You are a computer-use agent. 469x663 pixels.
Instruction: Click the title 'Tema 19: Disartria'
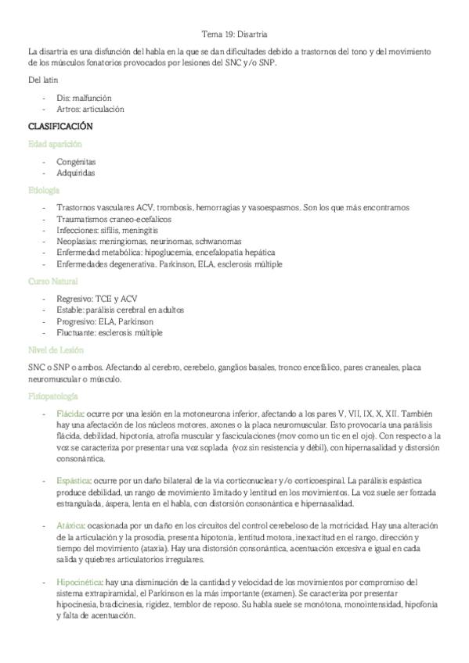pos(234,34)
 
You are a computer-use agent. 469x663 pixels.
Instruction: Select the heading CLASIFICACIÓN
pos(60,126)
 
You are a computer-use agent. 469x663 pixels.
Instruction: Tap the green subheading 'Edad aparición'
pos(55,144)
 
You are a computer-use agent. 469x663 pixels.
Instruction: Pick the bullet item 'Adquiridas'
pos(77,172)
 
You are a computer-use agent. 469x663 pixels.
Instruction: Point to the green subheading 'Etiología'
pos(44,190)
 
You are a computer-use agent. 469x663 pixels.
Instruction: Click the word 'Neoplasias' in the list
pos(77,242)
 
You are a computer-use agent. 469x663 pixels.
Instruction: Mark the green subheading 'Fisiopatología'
pos(52,396)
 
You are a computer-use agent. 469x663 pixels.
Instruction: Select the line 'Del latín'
pos(41,81)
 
